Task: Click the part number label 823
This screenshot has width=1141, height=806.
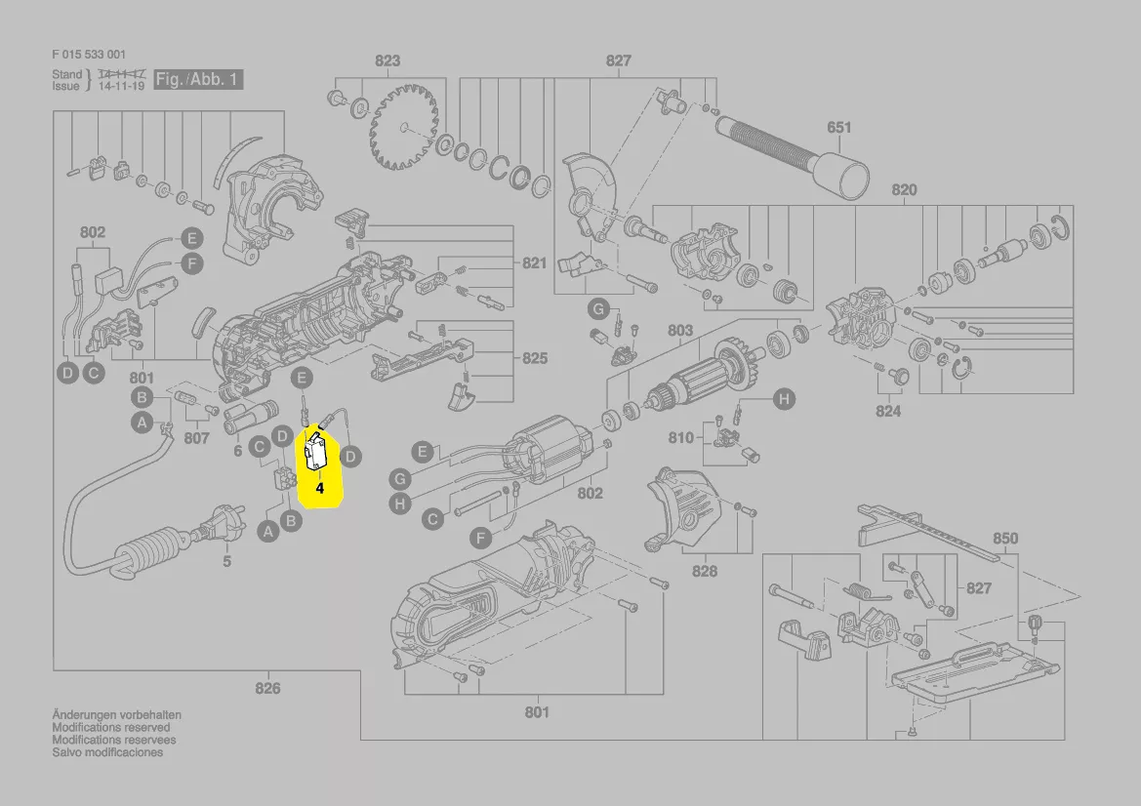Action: [x=387, y=60]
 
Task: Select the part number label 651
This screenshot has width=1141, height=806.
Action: [x=838, y=127]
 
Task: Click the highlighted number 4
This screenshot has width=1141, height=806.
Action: [x=319, y=487]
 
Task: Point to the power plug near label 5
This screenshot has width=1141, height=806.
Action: [x=211, y=532]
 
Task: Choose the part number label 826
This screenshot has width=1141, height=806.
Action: [x=267, y=688]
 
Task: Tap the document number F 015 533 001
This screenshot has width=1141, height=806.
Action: [x=88, y=55]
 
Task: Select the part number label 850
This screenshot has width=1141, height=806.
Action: [x=1004, y=538]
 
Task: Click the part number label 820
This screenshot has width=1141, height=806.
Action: [x=904, y=189]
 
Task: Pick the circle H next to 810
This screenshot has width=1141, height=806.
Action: [x=783, y=398]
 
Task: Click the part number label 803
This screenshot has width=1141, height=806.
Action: [x=679, y=331]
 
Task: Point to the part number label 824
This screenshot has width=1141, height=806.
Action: [x=887, y=411]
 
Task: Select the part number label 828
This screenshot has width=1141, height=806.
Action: [x=704, y=571]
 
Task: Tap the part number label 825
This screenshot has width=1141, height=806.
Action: [x=534, y=358]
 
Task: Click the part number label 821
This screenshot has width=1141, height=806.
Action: [x=534, y=263]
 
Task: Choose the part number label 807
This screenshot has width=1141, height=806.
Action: [x=197, y=438]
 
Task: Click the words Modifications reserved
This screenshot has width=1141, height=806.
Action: [x=110, y=727]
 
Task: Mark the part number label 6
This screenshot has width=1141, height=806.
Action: [x=237, y=452]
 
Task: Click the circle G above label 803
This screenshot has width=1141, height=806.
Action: [x=597, y=310]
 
